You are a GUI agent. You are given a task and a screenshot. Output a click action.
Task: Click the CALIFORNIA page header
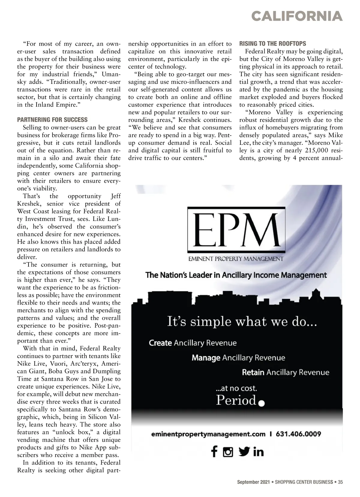click(x=297, y=16)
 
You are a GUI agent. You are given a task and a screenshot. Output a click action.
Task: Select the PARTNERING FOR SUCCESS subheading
click(x=52, y=120)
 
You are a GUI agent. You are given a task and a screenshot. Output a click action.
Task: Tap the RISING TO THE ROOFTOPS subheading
click(x=273, y=43)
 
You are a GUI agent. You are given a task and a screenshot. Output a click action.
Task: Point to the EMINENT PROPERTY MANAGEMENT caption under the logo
click(x=235, y=259)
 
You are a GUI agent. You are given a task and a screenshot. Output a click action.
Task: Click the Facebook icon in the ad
click(x=214, y=451)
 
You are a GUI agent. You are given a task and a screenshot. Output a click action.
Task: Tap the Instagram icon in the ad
click(x=228, y=452)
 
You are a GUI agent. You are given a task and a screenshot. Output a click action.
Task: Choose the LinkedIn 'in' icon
click(x=258, y=452)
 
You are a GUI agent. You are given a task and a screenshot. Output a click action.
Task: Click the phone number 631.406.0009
click(x=298, y=434)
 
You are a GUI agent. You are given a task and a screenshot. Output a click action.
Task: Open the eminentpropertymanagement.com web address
click(x=208, y=434)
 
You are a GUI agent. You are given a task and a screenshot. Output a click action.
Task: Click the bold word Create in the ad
click(x=160, y=343)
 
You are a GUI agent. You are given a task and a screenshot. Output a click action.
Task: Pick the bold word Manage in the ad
click(x=206, y=358)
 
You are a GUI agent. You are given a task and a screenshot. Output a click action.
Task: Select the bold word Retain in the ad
click(x=253, y=373)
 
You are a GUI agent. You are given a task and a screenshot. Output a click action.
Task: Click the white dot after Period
click(x=261, y=403)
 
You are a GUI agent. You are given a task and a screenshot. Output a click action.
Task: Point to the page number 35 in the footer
click(x=340, y=482)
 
